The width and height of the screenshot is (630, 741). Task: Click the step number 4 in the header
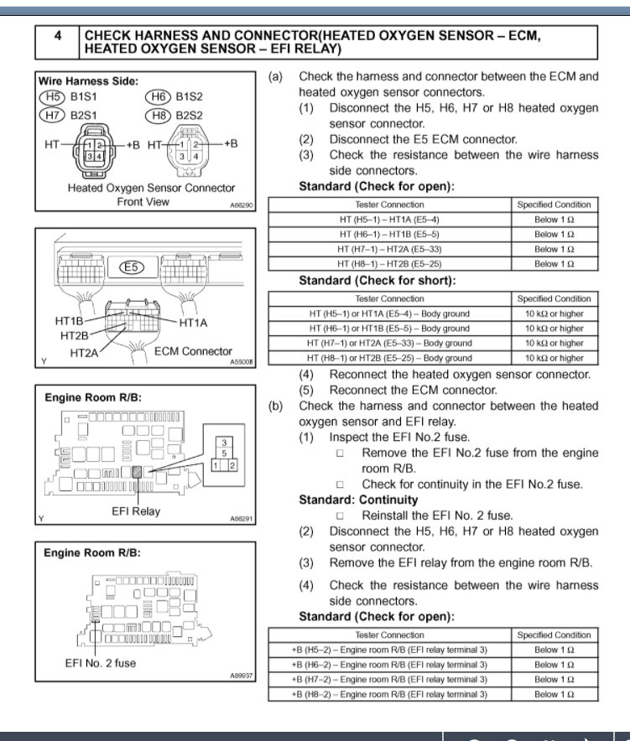[x=56, y=37]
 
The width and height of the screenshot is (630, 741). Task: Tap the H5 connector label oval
[x=52, y=97]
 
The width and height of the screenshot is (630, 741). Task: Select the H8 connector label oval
[x=158, y=114]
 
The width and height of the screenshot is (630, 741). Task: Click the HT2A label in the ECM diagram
[x=85, y=354]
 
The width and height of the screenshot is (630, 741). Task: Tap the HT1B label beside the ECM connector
[x=70, y=321]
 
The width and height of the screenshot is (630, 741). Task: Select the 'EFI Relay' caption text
[x=136, y=511]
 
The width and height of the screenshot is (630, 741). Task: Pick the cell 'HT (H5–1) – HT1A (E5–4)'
[x=389, y=220]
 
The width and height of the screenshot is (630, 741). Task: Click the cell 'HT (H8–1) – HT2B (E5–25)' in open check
[x=389, y=264]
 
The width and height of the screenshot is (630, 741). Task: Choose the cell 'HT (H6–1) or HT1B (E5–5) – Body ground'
[x=389, y=329]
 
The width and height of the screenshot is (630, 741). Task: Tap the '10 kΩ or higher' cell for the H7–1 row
[x=554, y=343]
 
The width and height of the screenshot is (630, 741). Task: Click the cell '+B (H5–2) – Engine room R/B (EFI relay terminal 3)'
[x=389, y=650]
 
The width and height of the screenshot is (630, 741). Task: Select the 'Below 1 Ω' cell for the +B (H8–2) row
[x=554, y=694]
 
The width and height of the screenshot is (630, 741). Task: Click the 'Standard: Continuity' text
[x=358, y=500]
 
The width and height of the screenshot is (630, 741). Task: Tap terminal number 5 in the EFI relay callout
[x=225, y=453]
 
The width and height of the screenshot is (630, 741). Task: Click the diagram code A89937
[x=242, y=675]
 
